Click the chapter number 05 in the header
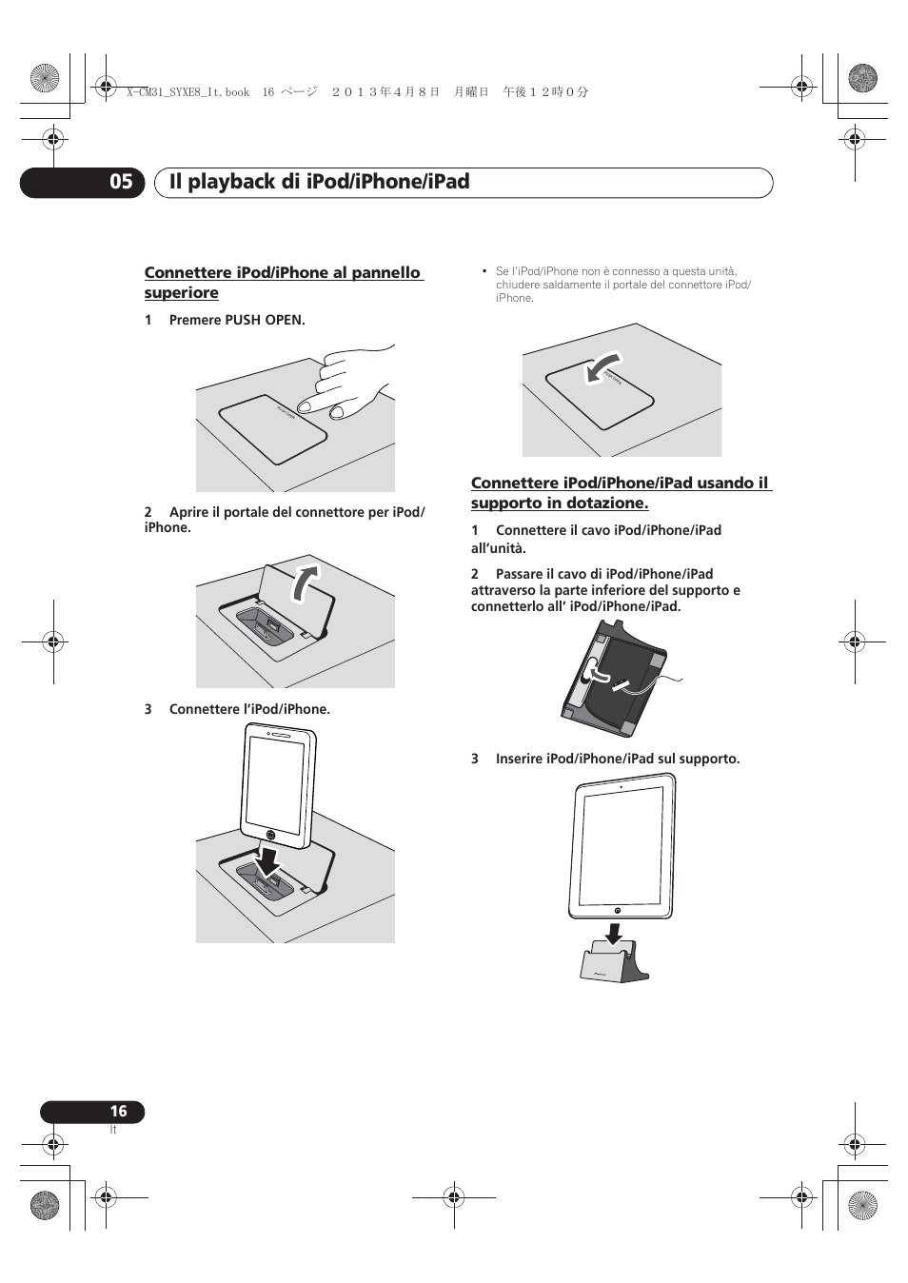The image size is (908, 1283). pos(121,182)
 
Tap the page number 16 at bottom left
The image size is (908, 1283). pos(118,1111)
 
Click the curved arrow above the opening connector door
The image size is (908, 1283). pos(306,582)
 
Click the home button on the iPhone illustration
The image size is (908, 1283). pos(271,839)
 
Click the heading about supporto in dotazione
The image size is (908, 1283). pos(621,493)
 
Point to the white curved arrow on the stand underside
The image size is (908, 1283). pos(599,674)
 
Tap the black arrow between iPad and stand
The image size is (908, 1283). pos(615,933)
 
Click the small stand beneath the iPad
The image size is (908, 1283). pos(614,962)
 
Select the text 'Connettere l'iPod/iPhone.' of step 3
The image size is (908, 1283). pos(249,709)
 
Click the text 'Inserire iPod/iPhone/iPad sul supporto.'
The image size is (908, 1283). pos(617,759)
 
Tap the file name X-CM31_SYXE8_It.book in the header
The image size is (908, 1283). pos(188,92)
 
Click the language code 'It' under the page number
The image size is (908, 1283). pos(113,1130)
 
